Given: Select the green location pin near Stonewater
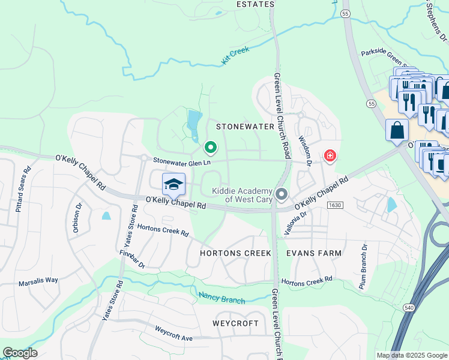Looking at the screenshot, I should (x=210, y=146).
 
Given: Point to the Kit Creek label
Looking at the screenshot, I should (x=235, y=55).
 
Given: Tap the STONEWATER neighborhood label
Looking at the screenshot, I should (x=245, y=127).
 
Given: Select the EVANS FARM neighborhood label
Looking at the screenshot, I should (x=314, y=253).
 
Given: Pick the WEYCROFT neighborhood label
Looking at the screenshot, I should (x=235, y=323).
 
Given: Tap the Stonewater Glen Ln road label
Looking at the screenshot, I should (x=181, y=161).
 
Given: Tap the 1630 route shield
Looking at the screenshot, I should (x=335, y=205).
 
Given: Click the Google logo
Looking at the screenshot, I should (x=20, y=353).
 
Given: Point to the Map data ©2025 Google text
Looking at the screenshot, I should (x=411, y=355).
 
